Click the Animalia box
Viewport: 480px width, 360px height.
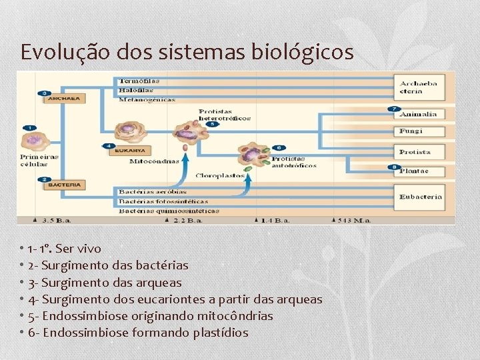(419, 114)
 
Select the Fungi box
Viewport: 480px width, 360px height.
(419, 131)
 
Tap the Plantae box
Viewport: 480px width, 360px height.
(419, 171)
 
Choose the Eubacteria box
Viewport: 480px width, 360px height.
(419, 197)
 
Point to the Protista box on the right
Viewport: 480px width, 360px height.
(419, 152)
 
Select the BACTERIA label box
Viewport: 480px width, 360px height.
(64, 185)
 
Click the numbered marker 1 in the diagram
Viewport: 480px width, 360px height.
(29, 127)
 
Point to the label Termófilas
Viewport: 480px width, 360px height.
(139, 81)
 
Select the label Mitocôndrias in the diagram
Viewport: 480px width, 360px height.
(153, 161)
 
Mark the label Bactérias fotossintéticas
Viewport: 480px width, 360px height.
(163, 201)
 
